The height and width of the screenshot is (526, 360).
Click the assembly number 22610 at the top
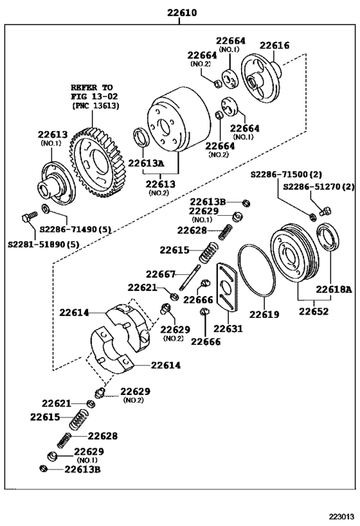tap(182, 13)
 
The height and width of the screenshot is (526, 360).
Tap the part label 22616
tap(274, 46)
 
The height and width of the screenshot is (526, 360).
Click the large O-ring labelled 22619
tap(257, 271)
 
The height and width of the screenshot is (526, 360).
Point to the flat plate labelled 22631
tap(226, 287)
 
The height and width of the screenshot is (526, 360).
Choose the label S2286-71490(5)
tap(75, 230)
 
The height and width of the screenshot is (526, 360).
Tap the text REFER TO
tap(92, 87)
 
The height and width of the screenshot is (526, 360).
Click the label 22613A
tap(146, 163)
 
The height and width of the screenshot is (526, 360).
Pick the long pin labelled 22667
tap(190, 277)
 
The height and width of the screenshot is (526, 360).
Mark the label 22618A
tap(334, 289)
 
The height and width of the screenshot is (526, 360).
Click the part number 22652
tap(314, 311)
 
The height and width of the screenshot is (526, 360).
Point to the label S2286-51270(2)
tap(318, 186)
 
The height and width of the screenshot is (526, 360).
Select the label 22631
tap(228, 328)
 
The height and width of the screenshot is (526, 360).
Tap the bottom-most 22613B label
tap(82, 469)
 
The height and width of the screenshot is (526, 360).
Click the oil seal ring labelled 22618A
tap(328, 238)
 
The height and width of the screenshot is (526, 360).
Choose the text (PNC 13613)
tap(96, 106)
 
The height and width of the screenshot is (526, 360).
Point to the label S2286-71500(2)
tap(286, 175)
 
